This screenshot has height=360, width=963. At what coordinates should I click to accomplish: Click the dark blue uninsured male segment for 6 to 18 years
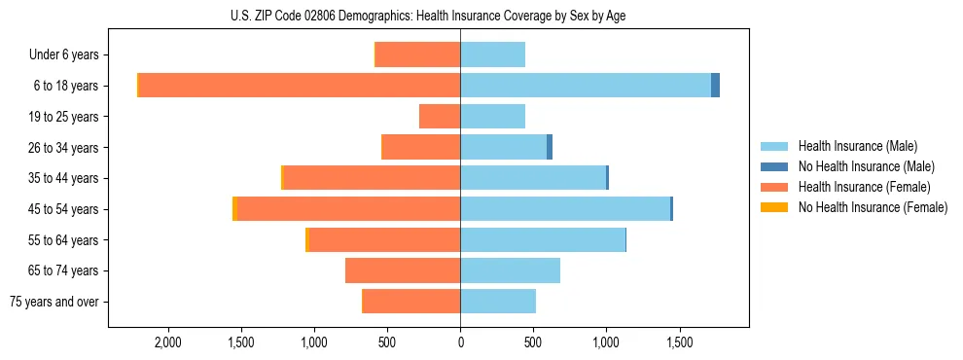pyautogui.click(x=715, y=86)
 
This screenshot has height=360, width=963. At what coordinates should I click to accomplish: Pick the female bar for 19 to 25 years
pyautogui.click(x=440, y=117)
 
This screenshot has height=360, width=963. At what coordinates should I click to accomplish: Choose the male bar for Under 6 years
pyautogui.click(x=492, y=54)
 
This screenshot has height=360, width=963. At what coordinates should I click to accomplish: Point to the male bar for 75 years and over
pyautogui.click(x=498, y=302)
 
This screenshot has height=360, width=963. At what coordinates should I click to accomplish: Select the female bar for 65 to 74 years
pyautogui.click(x=403, y=270)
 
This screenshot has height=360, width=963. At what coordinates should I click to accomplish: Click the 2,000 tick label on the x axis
pyautogui.click(x=167, y=342)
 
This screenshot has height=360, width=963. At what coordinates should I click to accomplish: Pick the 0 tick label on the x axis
pyautogui.click(x=460, y=342)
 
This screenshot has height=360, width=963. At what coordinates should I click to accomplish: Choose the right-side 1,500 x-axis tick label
pyautogui.click(x=679, y=342)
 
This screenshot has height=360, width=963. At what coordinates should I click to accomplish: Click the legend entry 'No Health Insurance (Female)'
pyautogui.click(x=873, y=207)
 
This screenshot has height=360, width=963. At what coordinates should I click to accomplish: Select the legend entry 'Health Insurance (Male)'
pyautogui.click(x=857, y=146)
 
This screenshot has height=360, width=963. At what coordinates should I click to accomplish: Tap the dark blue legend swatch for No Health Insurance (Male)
pyautogui.click(x=774, y=166)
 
